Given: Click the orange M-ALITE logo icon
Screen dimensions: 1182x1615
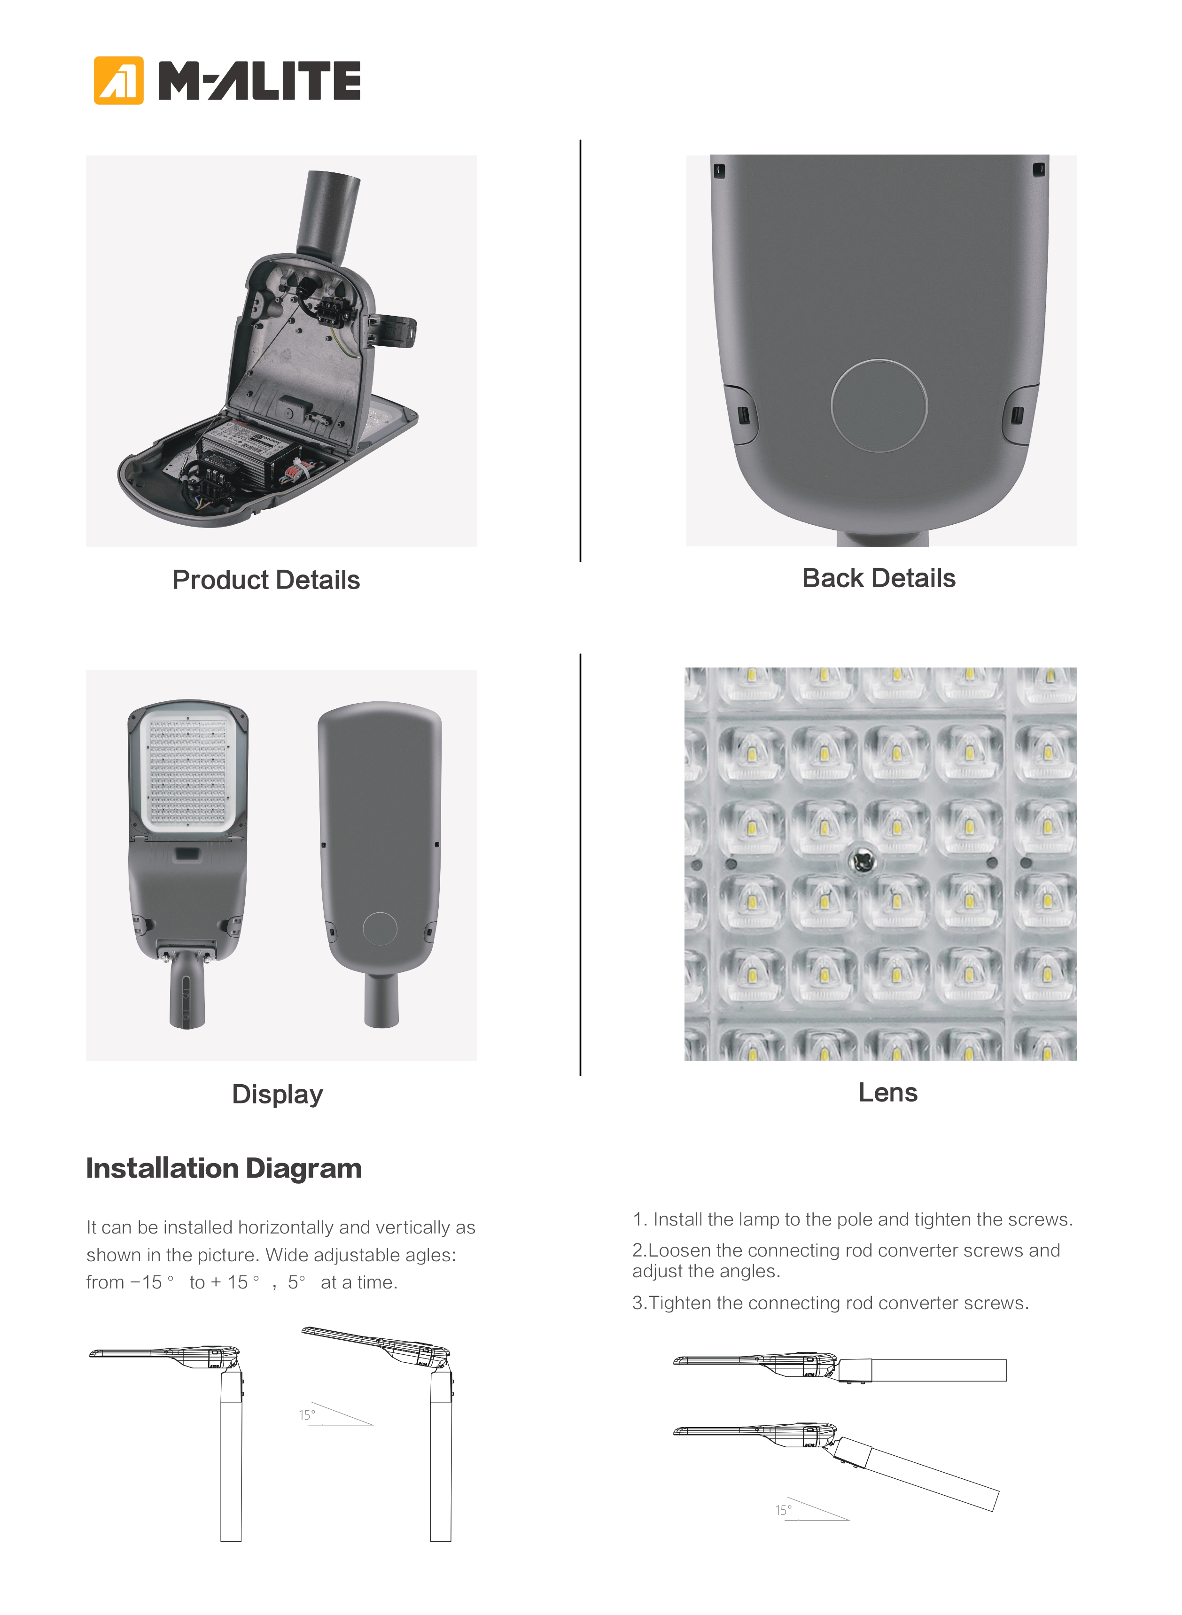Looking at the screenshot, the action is (119, 80).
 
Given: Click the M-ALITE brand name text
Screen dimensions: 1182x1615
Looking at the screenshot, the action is (259, 80).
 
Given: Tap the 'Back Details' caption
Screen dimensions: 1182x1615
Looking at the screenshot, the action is (879, 578).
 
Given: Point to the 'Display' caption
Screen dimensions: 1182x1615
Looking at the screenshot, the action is (278, 1095).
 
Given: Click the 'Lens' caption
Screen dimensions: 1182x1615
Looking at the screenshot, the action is (888, 1092).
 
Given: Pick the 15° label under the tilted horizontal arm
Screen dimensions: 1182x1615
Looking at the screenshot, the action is (784, 1510).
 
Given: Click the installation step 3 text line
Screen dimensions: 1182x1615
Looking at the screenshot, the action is (831, 1303).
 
